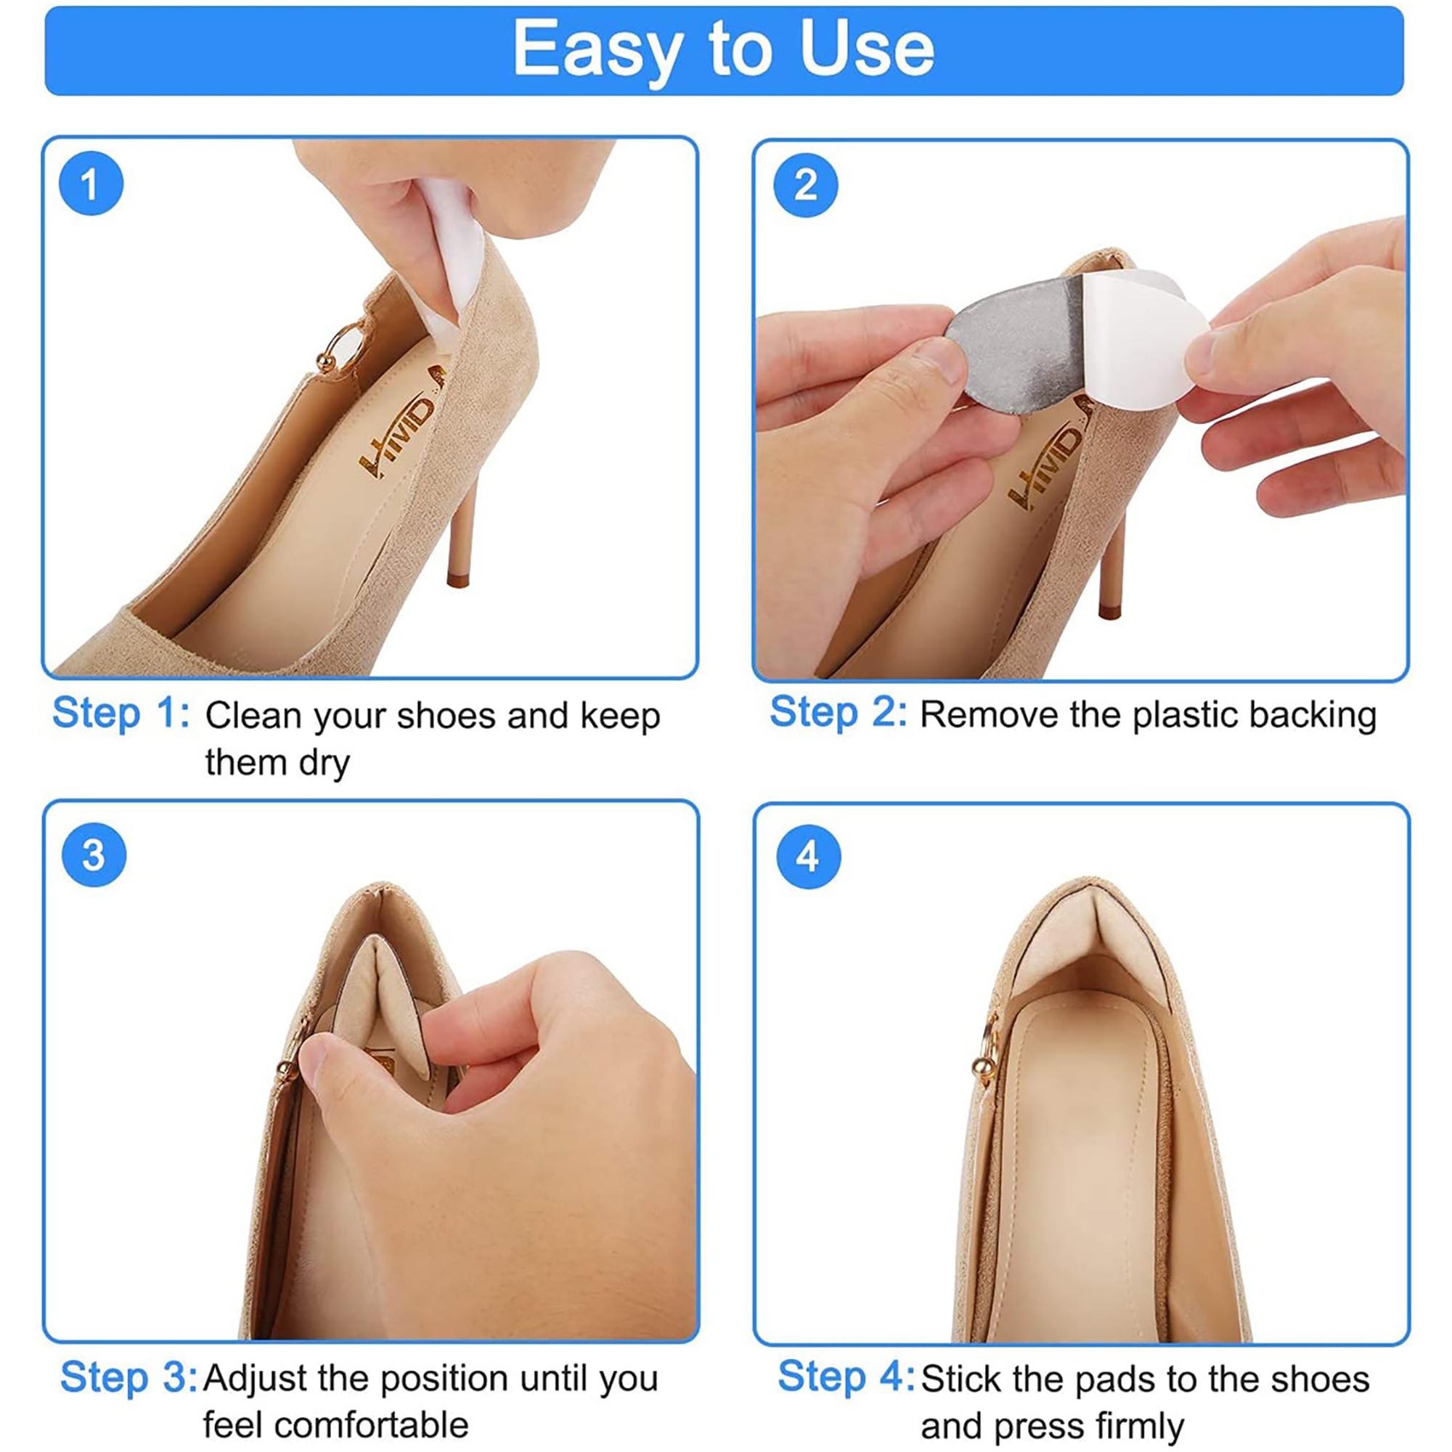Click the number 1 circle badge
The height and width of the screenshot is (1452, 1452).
click(91, 184)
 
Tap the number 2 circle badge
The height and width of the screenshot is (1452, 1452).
click(805, 185)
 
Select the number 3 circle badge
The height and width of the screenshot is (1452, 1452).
click(93, 855)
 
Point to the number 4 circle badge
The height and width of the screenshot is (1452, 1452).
click(808, 857)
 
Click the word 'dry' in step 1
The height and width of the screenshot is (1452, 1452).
click(325, 764)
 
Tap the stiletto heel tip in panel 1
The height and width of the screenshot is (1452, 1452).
click(457, 579)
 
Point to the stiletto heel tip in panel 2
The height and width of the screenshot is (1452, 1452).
click(1109, 611)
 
